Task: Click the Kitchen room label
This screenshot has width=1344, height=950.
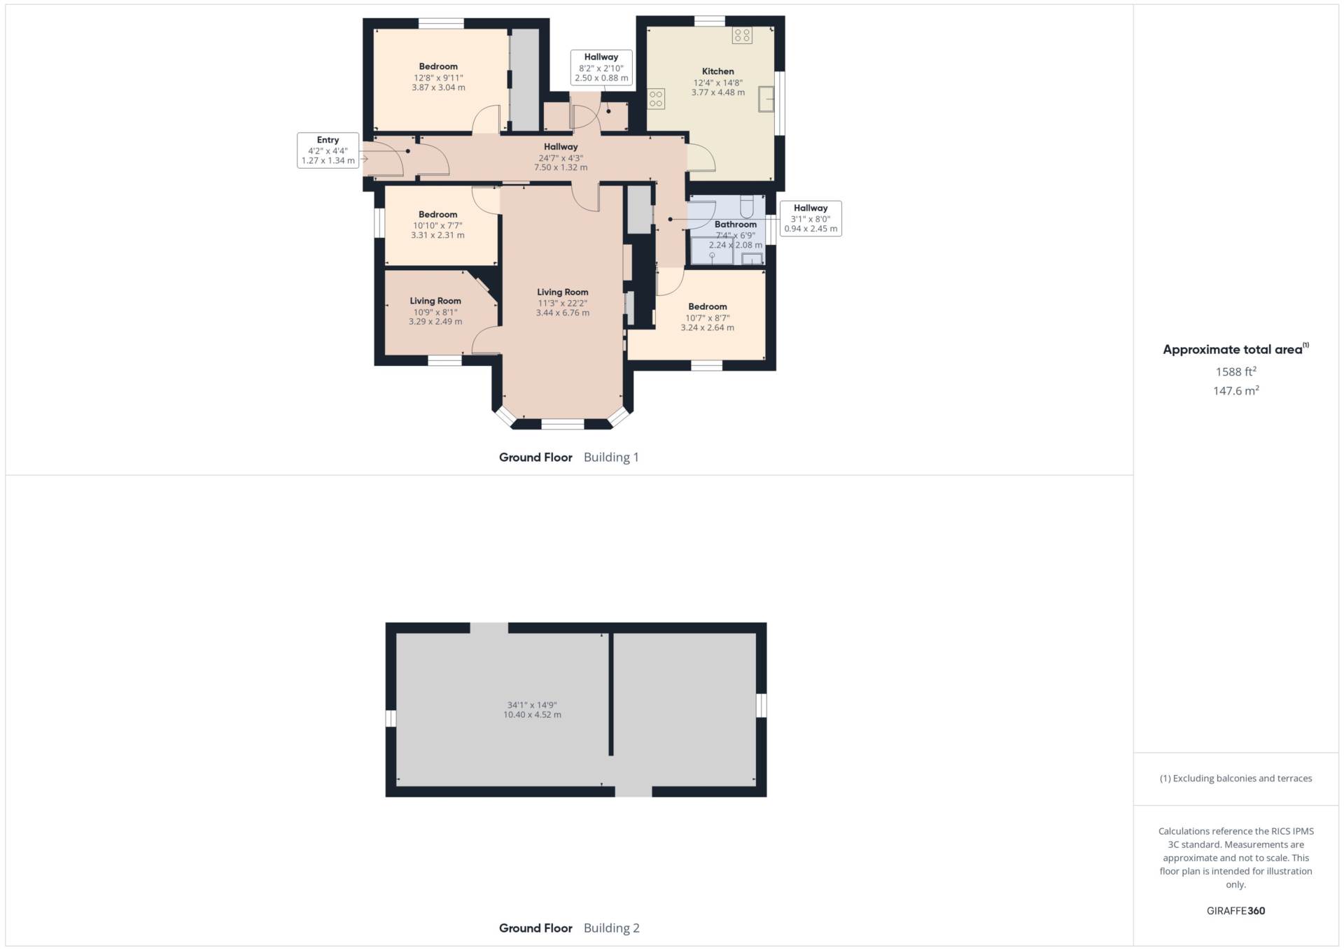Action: coord(717,71)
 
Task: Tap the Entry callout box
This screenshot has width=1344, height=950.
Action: coord(328,150)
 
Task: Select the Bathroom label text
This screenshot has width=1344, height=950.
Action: coord(735,225)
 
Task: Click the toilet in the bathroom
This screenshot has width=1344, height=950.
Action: coord(746,206)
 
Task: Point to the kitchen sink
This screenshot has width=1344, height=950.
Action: coord(766,99)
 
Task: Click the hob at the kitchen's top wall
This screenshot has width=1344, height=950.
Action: coord(742,35)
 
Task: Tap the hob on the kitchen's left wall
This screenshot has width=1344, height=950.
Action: coord(656,99)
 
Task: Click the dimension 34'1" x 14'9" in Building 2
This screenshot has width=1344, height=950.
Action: coord(532,705)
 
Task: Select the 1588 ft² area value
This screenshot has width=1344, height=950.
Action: coord(1235,371)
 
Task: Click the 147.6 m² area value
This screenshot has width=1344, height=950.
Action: coord(1235,390)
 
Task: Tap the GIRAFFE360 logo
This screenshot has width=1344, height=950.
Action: coord(1235,911)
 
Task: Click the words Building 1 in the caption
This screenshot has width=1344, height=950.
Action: coord(611,458)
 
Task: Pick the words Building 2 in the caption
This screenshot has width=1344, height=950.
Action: coord(611,928)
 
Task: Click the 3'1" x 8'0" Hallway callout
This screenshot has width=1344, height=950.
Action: coord(811,218)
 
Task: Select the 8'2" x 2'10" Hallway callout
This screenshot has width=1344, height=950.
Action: coord(601,68)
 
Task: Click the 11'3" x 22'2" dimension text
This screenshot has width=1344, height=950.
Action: coord(562,304)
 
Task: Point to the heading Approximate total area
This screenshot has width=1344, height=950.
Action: coord(1235,349)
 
